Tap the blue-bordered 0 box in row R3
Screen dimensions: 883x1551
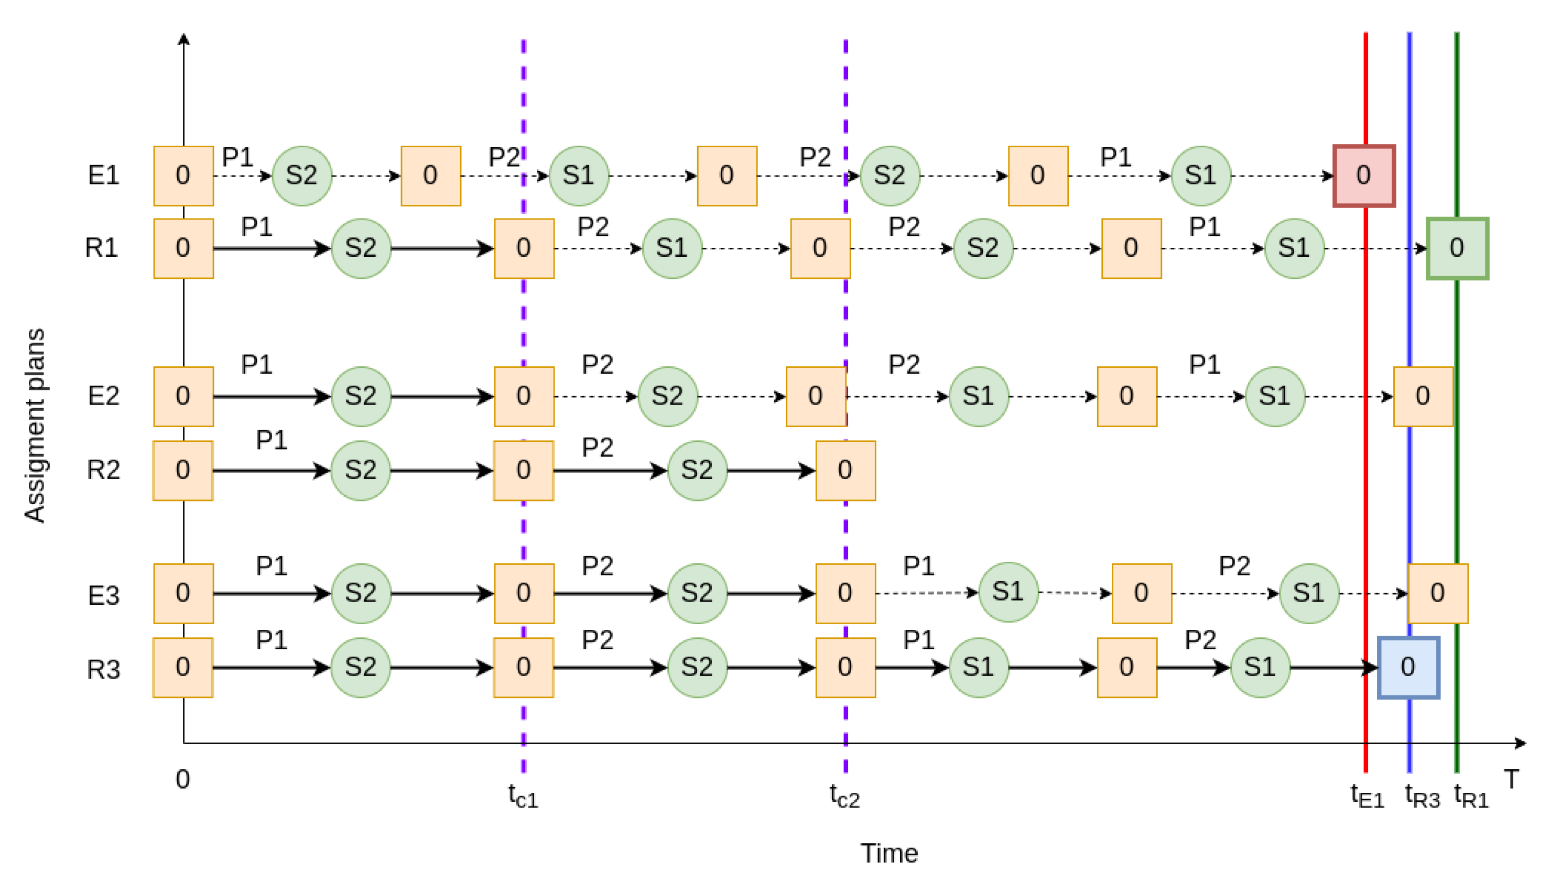tap(1408, 667)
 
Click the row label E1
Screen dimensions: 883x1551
tap(103, 175)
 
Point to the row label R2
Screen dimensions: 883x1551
tap(103, 470)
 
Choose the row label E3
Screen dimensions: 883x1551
tap(103, 595)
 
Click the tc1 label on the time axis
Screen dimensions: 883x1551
tap(523, 795)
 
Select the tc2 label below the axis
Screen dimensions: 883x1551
tap(844, 795)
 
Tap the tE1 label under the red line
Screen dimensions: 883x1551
tap(1366, 795)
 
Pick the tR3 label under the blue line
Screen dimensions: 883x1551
tap(1422, 795)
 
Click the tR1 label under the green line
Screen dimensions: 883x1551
tap(1471, 795)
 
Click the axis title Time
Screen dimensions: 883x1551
tap(888, 853)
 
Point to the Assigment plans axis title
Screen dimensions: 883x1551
tap(35, 424)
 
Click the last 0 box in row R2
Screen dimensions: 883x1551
tap(845, 470)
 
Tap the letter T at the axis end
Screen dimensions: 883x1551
tap(1511, 779)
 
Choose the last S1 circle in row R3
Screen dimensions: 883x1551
tap(1260, 667)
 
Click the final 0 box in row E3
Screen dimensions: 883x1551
tap(1437, 593)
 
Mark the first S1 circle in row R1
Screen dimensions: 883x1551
tap(671, 248)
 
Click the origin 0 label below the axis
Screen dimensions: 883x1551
tap(182, 779)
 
